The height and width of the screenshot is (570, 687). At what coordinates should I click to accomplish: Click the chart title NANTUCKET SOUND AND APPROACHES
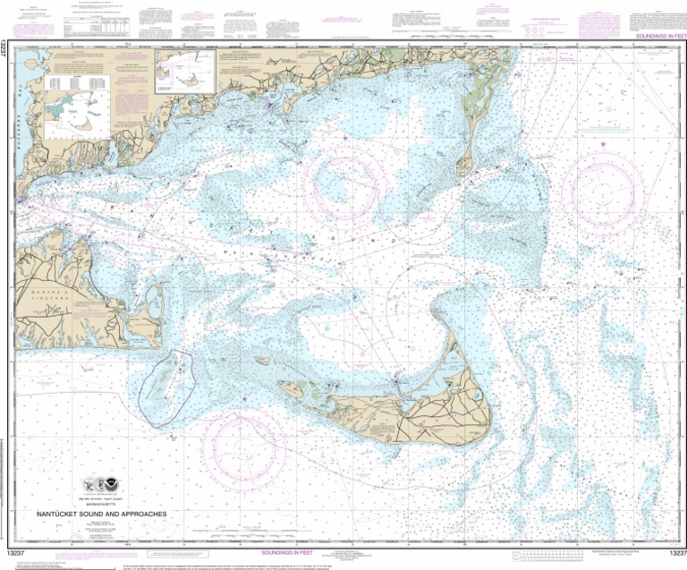[x=99, y=515]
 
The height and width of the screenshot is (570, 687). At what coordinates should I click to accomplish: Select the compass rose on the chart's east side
[x=609, y=185]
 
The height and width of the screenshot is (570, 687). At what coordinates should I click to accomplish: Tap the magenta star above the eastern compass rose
[x=603, y=142]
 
